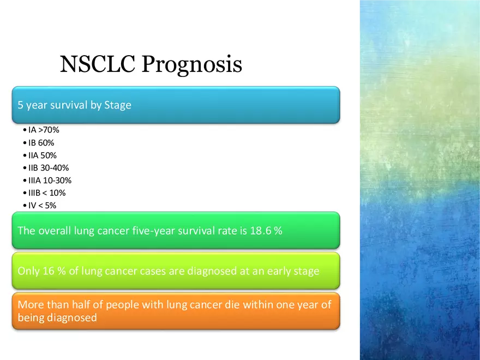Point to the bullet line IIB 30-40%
[x=49, y=168]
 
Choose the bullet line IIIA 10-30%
[x=50, y=180]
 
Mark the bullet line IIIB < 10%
[x=47, y=193]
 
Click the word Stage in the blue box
[x=118, y=105]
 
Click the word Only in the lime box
[x=28, y=271]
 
